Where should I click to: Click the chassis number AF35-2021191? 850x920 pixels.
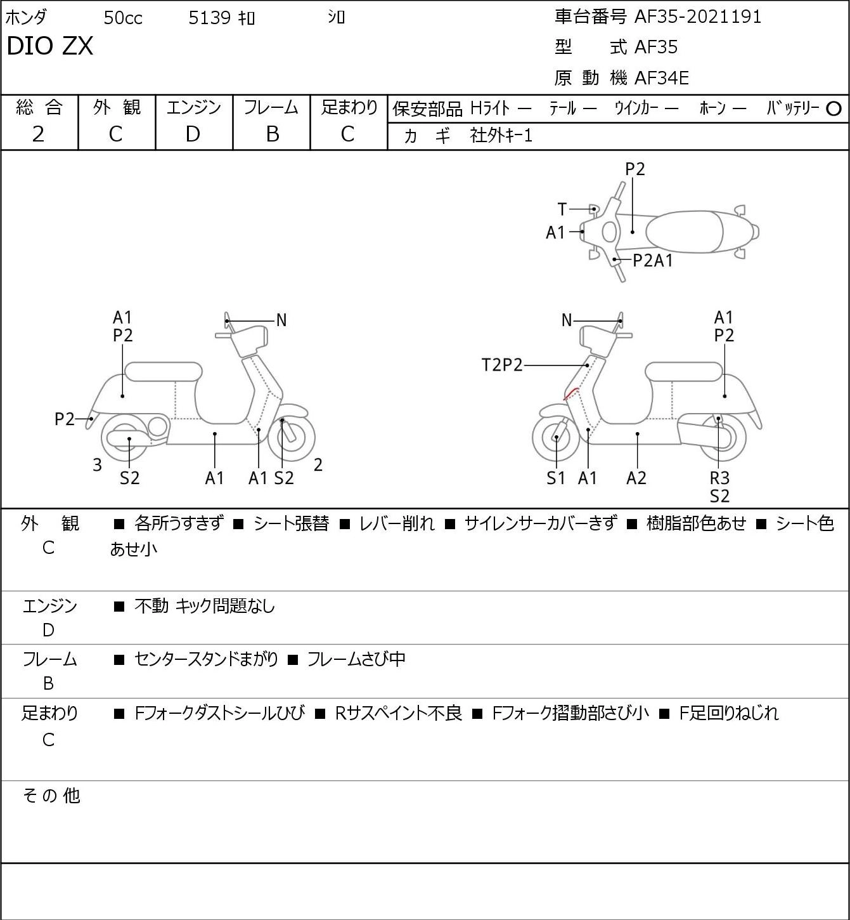697,17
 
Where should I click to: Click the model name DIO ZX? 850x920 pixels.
50,46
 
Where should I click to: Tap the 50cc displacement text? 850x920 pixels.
123,18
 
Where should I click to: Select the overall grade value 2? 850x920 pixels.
38,135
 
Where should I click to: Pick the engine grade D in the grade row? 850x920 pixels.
193,135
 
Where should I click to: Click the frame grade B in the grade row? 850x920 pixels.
272,135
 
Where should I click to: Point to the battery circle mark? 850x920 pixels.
834,109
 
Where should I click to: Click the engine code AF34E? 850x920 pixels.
662,78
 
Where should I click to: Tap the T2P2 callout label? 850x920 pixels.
502,365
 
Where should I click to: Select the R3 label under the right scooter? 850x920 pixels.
719,478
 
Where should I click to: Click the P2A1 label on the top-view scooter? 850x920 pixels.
653,261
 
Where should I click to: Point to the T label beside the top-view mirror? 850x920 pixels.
562,209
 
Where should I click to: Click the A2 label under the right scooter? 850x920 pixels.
636,478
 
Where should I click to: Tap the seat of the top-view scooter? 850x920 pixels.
685,232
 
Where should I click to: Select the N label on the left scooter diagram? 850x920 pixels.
281,320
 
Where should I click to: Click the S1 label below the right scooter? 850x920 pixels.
555,478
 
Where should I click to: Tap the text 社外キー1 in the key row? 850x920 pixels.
501,136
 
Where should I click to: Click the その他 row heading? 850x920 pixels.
51,796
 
